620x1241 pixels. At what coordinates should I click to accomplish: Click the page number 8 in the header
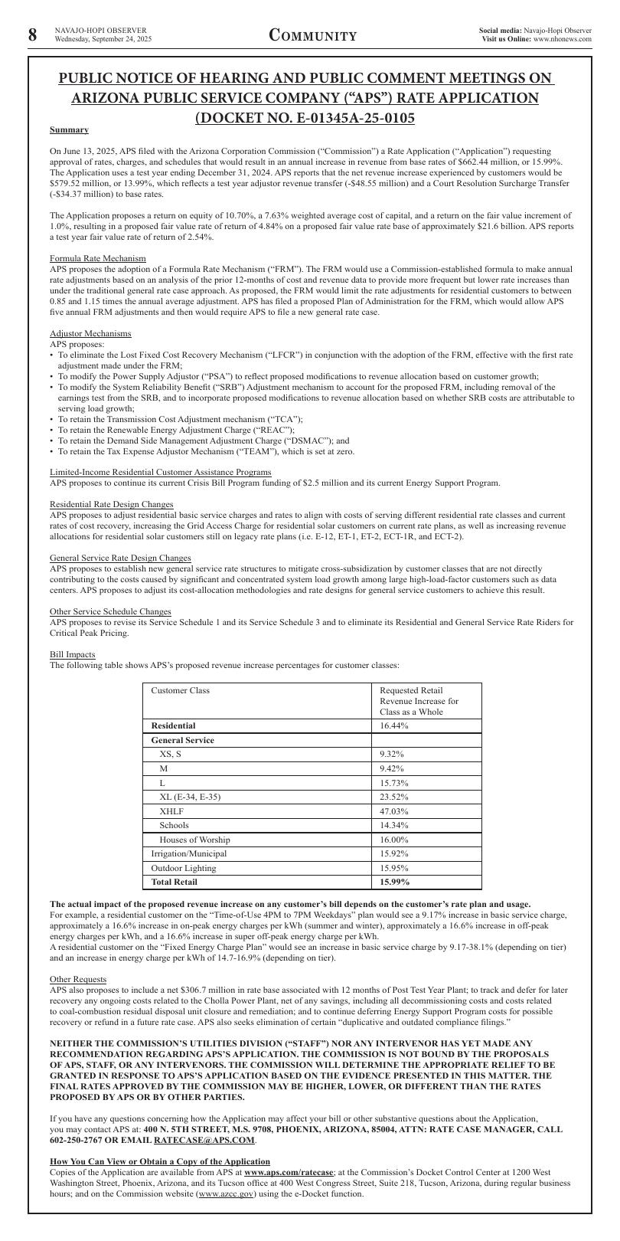(32, 35)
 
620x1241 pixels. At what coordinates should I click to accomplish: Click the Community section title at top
(312, 36)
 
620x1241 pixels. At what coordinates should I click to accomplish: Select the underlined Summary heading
(69, 130)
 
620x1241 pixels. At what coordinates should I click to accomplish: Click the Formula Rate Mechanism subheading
(97, 258)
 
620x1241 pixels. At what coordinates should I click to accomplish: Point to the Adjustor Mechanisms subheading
(90, 333)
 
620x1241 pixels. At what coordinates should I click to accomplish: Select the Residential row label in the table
(173, 725)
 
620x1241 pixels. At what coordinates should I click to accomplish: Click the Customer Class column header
(180, 690)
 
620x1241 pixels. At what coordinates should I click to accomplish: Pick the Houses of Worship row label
(194, 840)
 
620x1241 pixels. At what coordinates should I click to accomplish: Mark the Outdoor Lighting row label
(184, 868)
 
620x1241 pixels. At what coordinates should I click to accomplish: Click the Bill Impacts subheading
(73, 654)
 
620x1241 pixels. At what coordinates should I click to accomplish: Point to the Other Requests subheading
(78, 979)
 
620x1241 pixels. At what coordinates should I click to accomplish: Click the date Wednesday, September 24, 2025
(103, 39)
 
